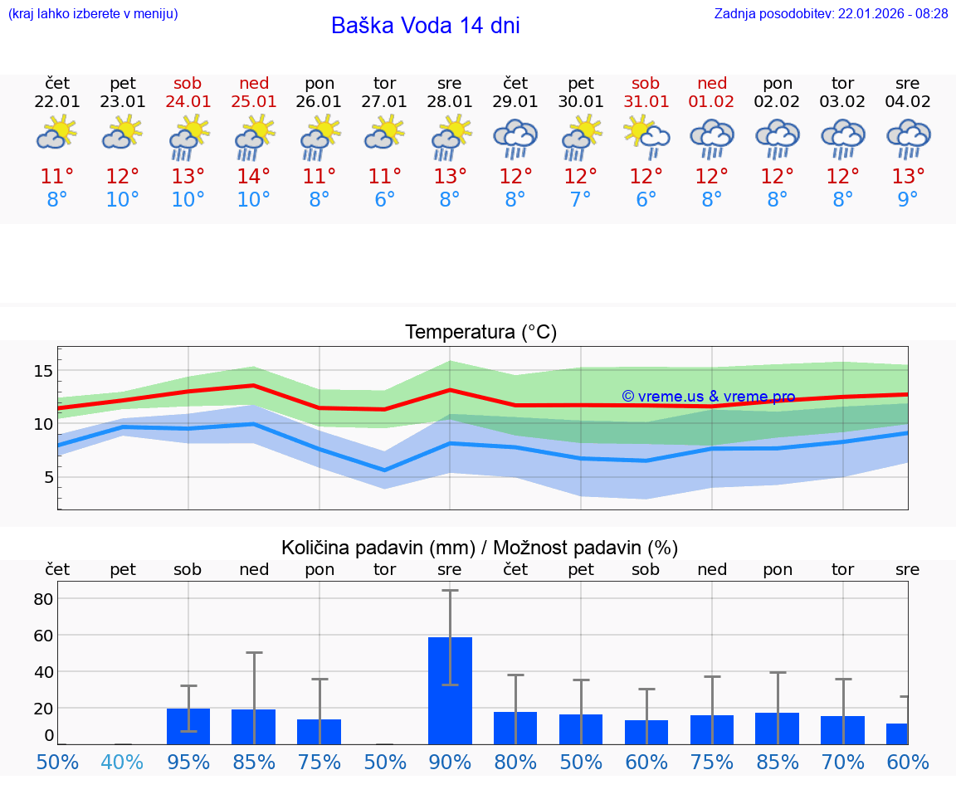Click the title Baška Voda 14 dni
click(x=425, y=26)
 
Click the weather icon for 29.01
click(x=515, y=139)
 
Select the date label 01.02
click(x=711, y=101)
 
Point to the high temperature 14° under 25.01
click(x=253, y=177)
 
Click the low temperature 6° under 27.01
click(x=384, y=200)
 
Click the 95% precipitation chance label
click(x=188, y=762)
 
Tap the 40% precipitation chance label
click(x=123, y=762)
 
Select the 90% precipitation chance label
click(x=450, y=762)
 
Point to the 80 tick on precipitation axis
click(x=43, y=598)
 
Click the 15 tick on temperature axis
click(x=43, y=371)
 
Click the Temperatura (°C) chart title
click(x=480, y=333)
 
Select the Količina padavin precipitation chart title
click(x=479, y=548)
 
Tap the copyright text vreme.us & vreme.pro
click(x=708, y=397)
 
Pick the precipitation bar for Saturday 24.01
click(x=188, y=726)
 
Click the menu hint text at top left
click(x=93, y=13)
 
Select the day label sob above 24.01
click(x=188, y=83)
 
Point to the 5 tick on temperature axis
click(x=48, y=477)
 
